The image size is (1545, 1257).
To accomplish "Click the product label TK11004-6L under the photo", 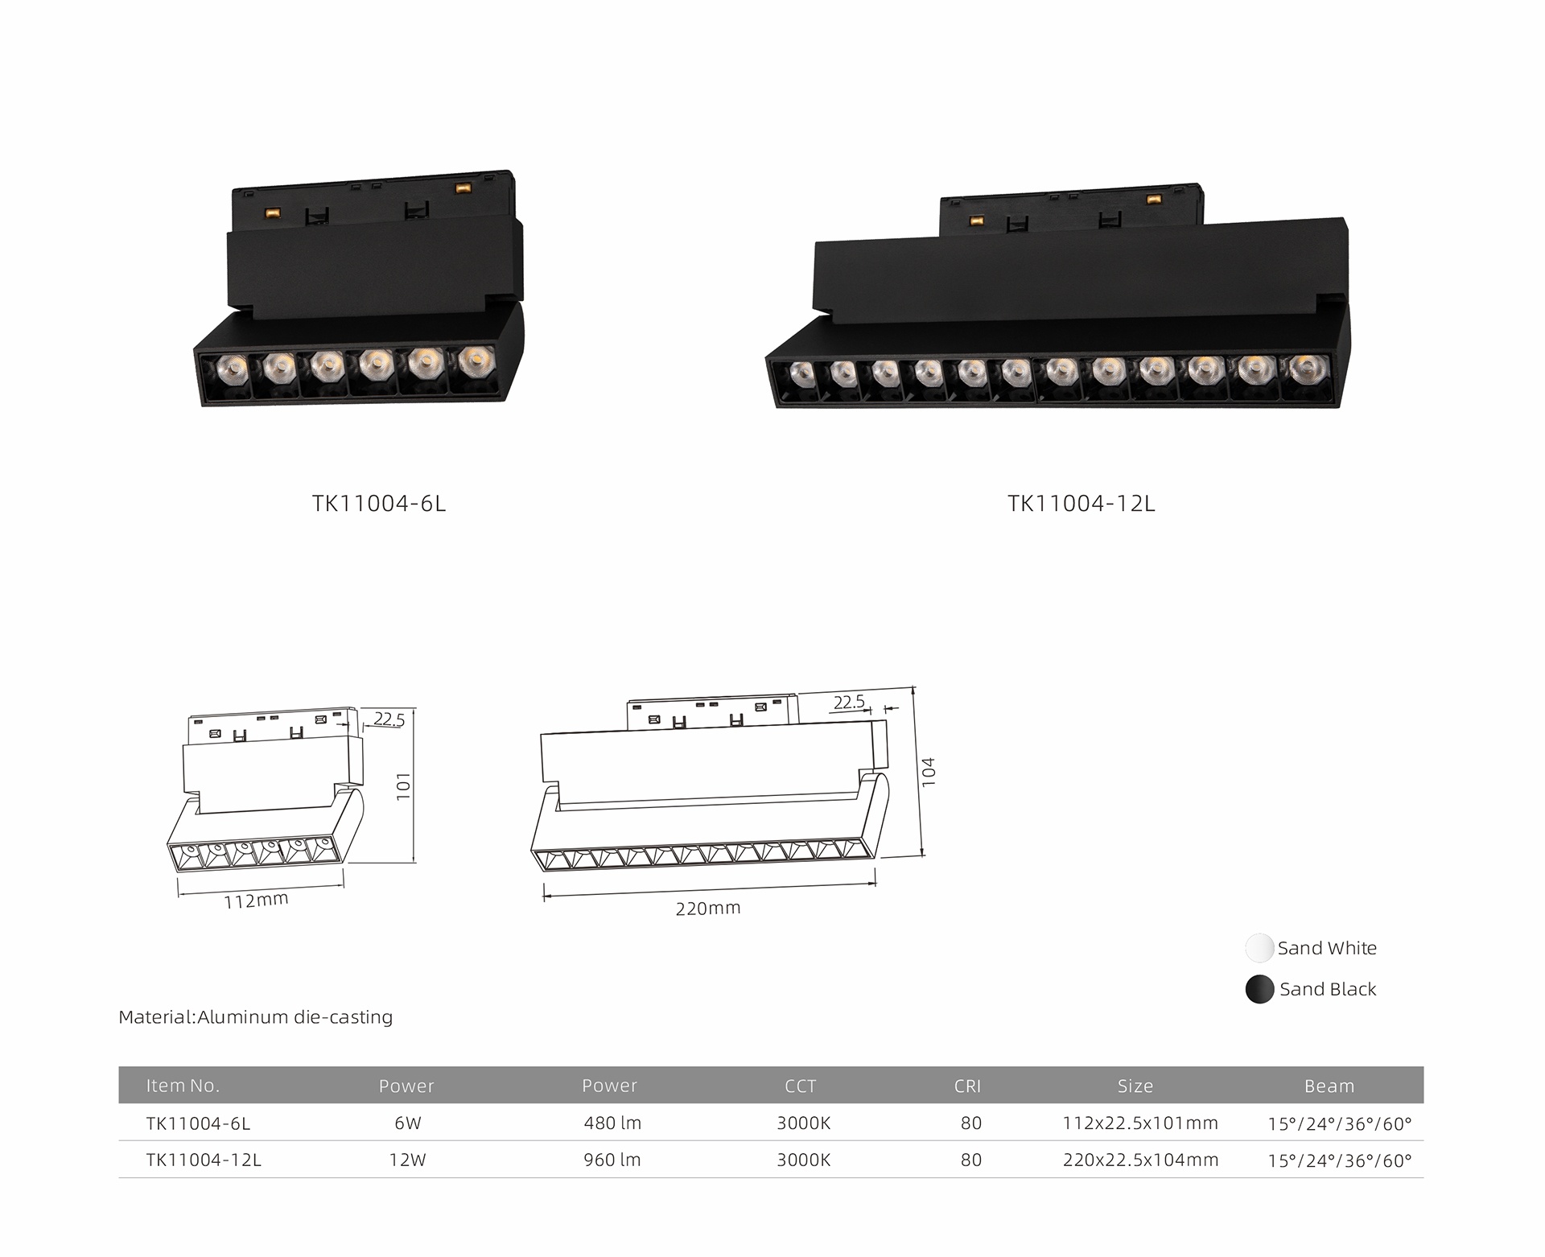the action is coord(378,504).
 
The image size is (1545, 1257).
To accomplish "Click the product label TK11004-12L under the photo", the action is coord(1081,504).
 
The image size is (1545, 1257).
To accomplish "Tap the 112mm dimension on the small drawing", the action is coord(256,901).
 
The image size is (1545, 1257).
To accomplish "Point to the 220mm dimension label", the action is coord(708,909).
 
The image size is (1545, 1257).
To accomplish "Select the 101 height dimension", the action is coord(404,786).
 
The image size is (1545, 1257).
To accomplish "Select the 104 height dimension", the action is coord(929,771).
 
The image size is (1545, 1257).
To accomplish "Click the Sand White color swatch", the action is coord(1259,948).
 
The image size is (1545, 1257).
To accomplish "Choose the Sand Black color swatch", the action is coord(1259,989).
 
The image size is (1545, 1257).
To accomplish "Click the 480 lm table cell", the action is coord(612,1123).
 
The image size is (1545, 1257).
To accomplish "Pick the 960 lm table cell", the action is coord(612,1160).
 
